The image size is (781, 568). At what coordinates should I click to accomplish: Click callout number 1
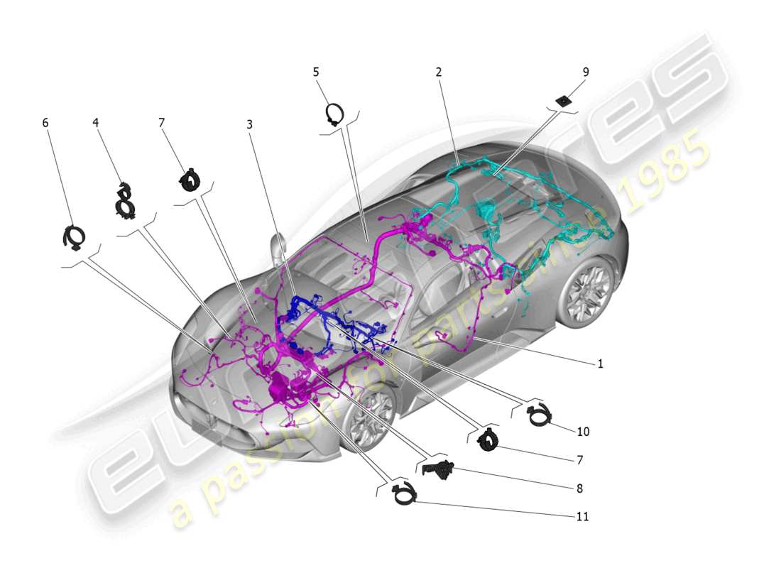click(x=600, y=364)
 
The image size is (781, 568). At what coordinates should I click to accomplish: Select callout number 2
click(x=439, y=72)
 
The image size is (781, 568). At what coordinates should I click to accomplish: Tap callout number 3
click(x=249, y=124)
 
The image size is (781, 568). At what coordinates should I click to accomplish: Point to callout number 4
click(x=95, y=122)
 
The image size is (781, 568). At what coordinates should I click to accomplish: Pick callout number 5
click(x=316, y=72)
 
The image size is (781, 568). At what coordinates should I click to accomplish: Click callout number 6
click(x=45, y=122)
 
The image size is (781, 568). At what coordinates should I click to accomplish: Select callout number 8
click(x=580, y=488)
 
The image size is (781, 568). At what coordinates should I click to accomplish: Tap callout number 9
click(x=585, y=72)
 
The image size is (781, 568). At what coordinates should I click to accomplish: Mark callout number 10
click(x=583, y=431)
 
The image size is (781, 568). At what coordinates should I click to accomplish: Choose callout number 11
click(x=582, y=517)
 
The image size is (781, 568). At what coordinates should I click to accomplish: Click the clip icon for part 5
click(x=334, y=114)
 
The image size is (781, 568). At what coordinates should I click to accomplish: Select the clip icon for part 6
click(x=74, y=237)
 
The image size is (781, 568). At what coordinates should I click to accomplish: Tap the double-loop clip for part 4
click(x=126, y=199)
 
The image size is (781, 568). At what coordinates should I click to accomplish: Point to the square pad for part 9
click(x=564, y=101)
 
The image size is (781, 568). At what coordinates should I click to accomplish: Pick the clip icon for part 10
click(x=539, y=415)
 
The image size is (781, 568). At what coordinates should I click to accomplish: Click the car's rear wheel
click(x=586, y=292)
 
